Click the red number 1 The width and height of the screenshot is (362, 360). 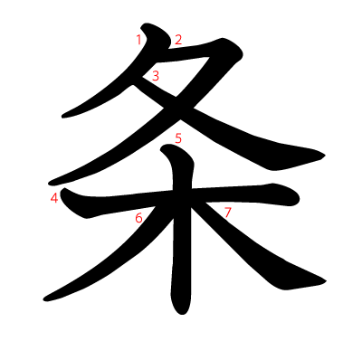tap(138, 39)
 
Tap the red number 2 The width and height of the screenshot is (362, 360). tap(178, 39)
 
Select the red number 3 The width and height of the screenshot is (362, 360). tap(156, 76)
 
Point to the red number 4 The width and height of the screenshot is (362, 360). tap(55, 197)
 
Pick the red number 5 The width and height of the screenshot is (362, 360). tap(178, 137)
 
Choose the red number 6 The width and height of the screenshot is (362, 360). tap(138, 217)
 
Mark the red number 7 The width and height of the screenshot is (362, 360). tap(227, 213)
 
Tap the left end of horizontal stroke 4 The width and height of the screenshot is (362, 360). tap(65, 201)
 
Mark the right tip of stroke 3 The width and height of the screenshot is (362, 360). tap(322, 154)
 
